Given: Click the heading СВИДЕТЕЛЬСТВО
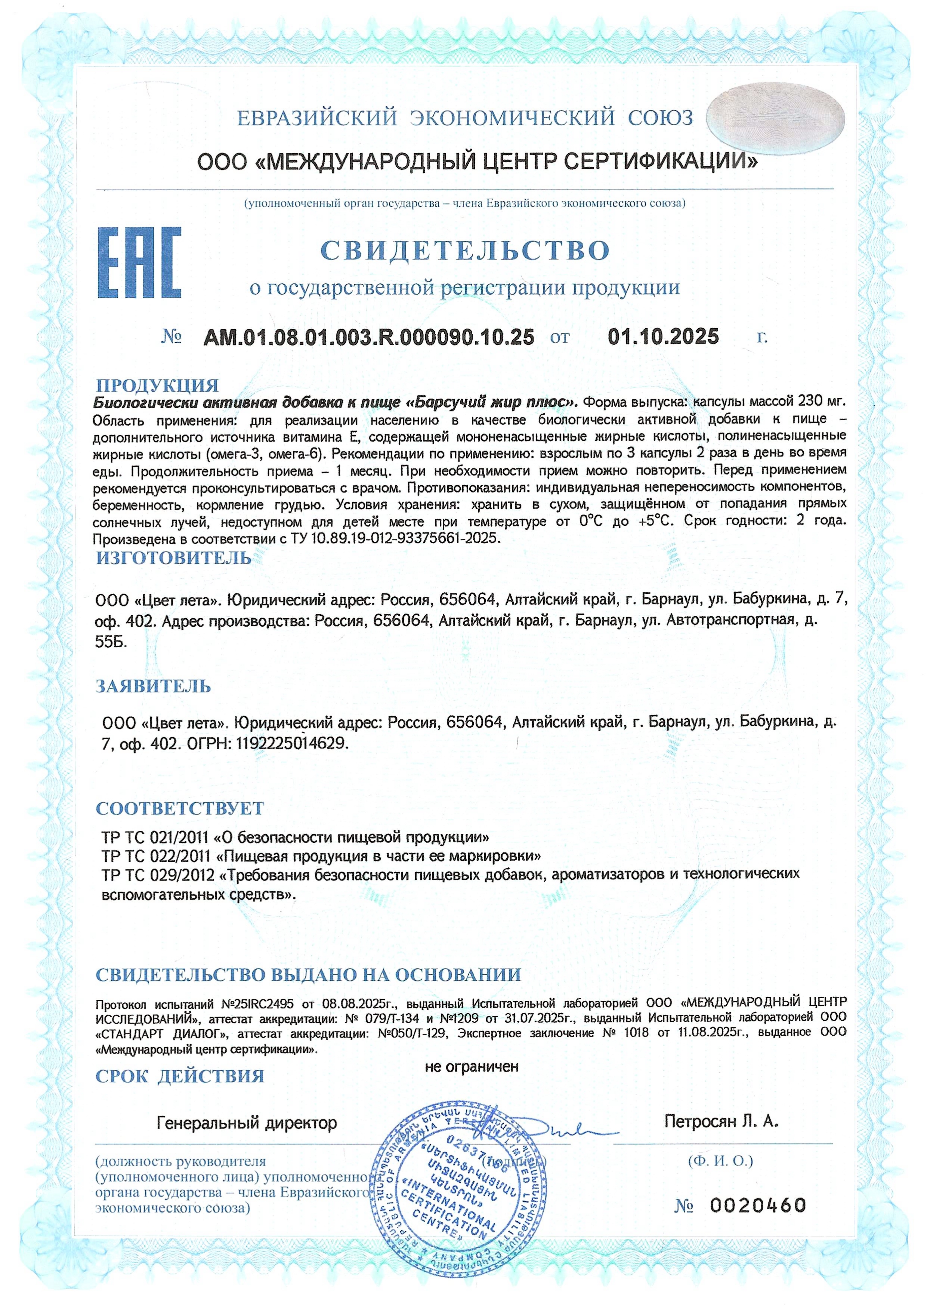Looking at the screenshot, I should [x=465, y=250].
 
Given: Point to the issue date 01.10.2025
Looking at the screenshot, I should [x=663, y=337].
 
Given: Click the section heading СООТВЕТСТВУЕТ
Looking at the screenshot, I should [x=180, y=808].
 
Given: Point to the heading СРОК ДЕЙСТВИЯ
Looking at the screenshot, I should [x=180, y=1076].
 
